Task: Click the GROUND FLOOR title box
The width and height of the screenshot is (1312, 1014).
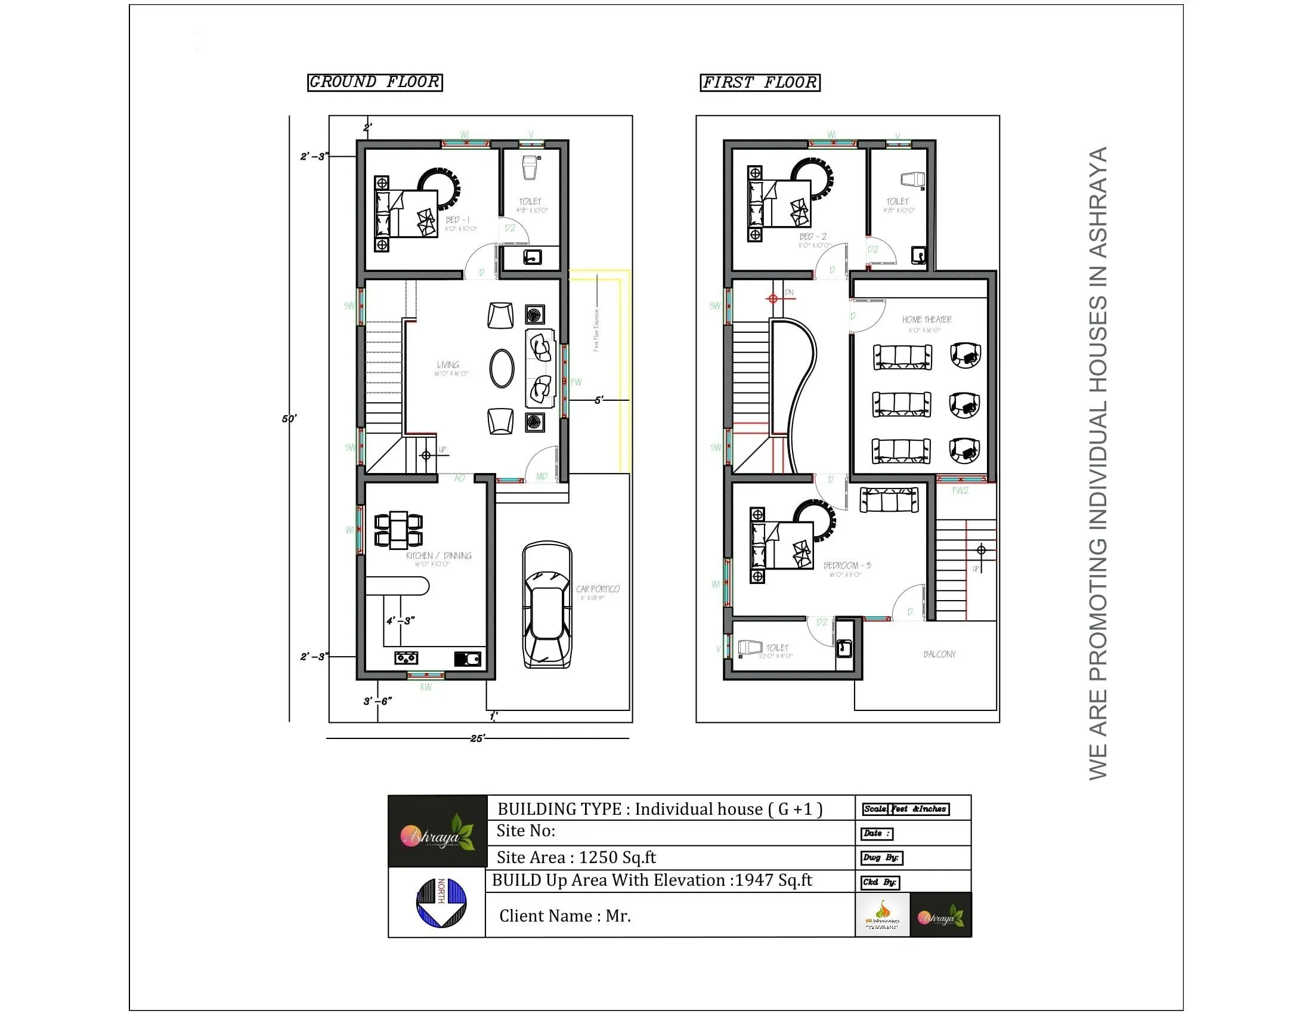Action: pos(375,82)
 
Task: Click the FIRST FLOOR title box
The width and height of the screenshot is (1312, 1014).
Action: pos(759,82)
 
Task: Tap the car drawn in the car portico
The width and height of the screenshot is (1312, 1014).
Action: pos(547,605)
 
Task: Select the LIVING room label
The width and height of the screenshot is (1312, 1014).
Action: pos(448,365)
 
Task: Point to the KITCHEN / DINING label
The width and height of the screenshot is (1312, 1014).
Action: pos(438,557)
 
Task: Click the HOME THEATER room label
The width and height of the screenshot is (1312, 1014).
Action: pos(926,320)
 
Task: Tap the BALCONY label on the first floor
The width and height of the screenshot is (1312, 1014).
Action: pos(939,654)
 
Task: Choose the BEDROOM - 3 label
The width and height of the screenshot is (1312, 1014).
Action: pos(846,566)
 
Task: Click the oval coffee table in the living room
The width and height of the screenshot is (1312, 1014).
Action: pos(502,368)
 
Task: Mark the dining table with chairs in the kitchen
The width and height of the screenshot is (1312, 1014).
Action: pos(398,530)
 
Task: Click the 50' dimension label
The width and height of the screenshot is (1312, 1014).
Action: pos(289,419)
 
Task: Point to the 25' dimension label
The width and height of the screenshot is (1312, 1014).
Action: pos(477,738)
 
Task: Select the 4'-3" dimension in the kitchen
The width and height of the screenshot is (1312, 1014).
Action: pos(400,620)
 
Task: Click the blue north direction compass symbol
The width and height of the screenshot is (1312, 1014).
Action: pos(441,902)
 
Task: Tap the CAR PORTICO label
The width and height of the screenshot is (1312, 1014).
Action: pos(598,589)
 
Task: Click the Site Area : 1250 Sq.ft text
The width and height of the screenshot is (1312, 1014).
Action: pos(575,857)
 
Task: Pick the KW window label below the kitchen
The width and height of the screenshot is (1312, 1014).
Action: pos(425,687)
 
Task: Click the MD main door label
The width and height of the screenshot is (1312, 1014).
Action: pos(541,477)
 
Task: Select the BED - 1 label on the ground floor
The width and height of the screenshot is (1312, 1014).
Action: pos(458,221)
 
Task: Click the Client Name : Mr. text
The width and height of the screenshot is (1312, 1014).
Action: pos(565,916)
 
